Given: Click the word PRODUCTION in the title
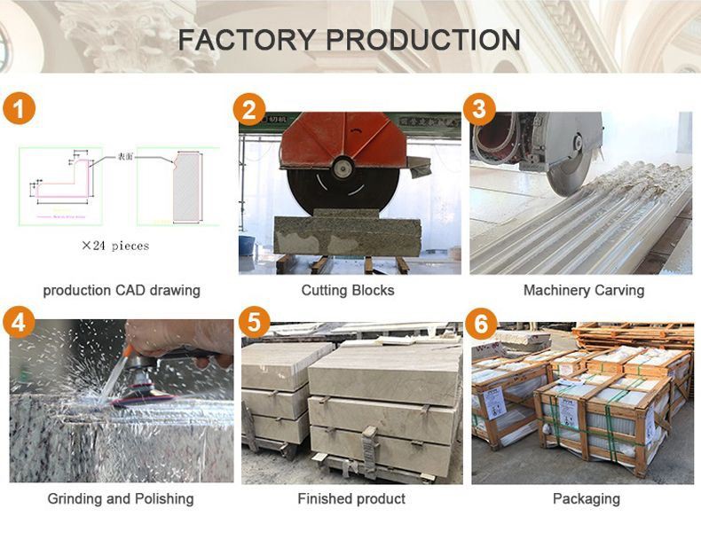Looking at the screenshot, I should coord(423,40).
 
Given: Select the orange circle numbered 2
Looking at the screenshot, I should coord(249,109).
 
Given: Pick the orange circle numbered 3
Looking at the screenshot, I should coord(480,109).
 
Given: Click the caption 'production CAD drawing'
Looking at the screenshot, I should coord(122,290).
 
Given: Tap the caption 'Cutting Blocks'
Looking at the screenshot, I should coord(348,290).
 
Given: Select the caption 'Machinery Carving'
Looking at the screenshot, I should coord(583,290).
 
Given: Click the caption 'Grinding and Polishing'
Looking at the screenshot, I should coord(121,498).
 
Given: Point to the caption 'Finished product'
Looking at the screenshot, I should coord(351,498).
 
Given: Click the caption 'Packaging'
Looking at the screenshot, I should coord(586,498).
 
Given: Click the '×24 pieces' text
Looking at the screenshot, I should coord(115,245).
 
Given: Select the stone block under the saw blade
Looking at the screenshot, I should coord(346,235).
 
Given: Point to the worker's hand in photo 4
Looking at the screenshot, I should coord(177,337).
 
